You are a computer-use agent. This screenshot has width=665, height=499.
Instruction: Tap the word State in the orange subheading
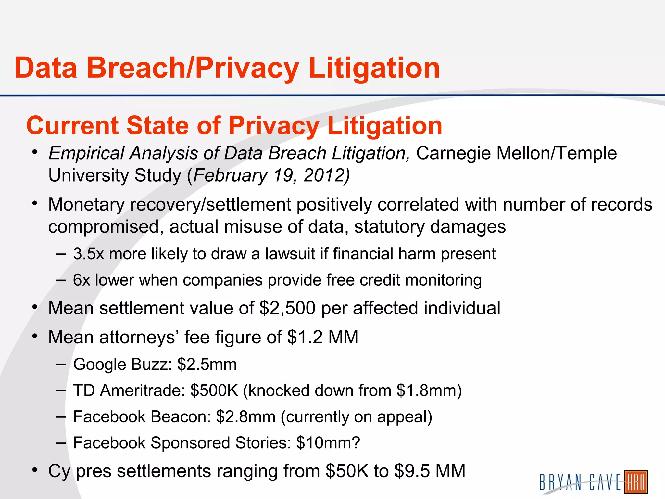[157, 126]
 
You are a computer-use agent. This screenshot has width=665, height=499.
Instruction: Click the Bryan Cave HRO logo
[594, 481]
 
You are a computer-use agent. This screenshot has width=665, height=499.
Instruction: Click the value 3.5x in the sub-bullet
[88, 254]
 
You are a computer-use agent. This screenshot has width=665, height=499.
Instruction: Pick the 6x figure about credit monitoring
[81, 280]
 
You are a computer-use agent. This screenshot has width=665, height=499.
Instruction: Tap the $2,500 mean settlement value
[287, 308]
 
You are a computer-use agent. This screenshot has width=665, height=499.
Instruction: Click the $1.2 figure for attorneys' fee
[305, 337]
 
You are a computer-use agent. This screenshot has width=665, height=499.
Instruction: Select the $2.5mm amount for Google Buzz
[207, 365]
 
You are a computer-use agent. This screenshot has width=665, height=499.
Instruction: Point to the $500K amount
[214, 390]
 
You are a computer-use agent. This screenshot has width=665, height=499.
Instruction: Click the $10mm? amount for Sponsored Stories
[328, 443]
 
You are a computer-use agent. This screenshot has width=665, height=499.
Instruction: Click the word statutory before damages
[389, 227]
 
